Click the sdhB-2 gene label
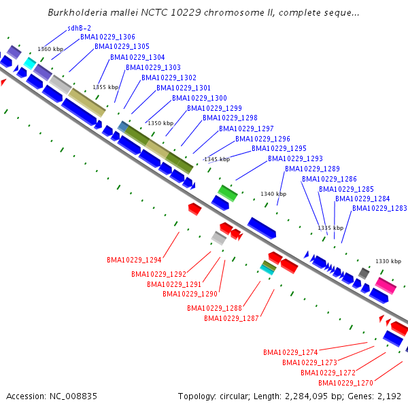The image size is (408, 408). pyautogui.click(x=79, y=28)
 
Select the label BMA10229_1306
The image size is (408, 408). pyautogui.click(x=107, y=37)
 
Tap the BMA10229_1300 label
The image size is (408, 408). pyautogui.click(x=199, y=98)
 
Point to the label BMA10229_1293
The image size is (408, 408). pyautogui.click(x=295, y=158)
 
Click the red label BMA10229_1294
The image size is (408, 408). pyautogui.click(x=134, y=260)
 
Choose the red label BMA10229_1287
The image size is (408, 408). pyautogui.click(x=231, y=318)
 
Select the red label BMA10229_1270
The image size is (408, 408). pyautogui.click(x=345, y=383)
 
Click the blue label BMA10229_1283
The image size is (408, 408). pyautogui.click(x=379, y=208)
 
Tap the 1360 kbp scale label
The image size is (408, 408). pyautogui.click(x=50, y=49)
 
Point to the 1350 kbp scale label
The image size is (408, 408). pyautogui.click(x=160, y=123)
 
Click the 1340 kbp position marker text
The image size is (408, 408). pyautogui.click(x=273, y=194)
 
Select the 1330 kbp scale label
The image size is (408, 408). pyautogui.click(x=388, y=261)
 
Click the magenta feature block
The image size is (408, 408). pyautogui.click(x=386, y=286)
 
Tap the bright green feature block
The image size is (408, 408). pyautogui.click(x=228, y=193)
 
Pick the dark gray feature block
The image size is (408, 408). pyautogui.click(x=364, y=273)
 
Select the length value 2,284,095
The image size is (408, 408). pyautogui.click(x=306, y=396)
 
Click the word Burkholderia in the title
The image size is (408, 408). pyautogui.click(x=78, y=12)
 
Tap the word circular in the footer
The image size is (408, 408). pyautogui.click(x=235, y=396)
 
